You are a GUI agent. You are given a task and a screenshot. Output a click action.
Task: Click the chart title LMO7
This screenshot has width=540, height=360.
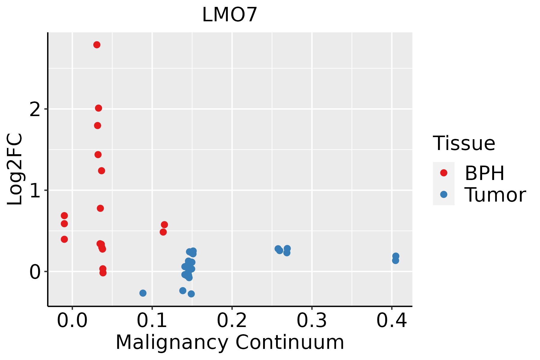[230, 15]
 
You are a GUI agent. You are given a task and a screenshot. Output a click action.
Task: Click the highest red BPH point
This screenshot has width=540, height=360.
[97, 45]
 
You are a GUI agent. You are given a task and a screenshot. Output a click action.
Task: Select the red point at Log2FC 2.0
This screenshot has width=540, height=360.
[98, 108]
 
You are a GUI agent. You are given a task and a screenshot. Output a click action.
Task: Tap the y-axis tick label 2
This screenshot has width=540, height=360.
[35, 110]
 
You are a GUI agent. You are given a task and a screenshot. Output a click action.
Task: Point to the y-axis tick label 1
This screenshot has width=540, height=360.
[35, 191]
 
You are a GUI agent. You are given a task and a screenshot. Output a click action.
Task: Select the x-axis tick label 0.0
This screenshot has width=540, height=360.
[72, 321]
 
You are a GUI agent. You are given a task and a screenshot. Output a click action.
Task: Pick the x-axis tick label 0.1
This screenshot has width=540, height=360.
[152, 321]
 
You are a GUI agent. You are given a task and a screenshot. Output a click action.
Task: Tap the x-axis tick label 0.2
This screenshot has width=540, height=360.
[232, 321]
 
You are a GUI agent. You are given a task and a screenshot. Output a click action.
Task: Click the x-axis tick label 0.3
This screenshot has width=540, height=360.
[312, 321]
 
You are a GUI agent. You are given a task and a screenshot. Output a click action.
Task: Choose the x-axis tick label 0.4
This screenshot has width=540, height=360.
[391, 321]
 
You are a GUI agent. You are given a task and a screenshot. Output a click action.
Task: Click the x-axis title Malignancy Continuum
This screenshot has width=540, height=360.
[230, 343]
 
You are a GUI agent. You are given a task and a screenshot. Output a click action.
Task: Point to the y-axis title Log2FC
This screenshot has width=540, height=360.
[15, 169]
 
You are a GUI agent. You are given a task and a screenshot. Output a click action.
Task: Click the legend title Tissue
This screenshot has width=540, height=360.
[464, 143]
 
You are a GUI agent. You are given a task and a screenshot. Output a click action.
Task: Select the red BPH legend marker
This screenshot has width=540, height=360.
[443, 173]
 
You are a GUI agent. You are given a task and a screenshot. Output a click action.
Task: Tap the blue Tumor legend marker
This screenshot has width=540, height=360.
[443, 194]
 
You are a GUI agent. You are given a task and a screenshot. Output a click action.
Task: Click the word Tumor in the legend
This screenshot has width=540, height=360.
[495, 195]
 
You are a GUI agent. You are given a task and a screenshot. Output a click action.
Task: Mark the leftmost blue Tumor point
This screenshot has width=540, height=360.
[143, 293]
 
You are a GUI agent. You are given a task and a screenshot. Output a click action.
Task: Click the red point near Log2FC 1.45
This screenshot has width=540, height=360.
[98, 154]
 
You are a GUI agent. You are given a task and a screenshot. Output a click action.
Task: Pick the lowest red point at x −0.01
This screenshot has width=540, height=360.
[64, 239]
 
